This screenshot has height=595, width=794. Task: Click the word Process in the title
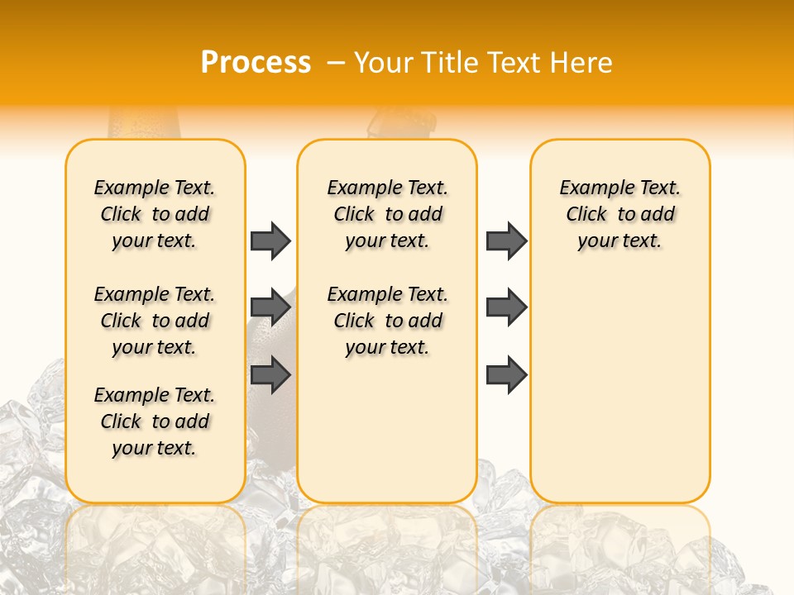point(256,63)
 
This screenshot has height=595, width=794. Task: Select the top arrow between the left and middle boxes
point(270,240)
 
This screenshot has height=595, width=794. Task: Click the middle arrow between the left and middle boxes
point(270,307)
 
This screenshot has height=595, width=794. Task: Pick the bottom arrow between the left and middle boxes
point(270,374)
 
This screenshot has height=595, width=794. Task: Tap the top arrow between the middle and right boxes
point(506,240)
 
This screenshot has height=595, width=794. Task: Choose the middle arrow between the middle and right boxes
point(506,307)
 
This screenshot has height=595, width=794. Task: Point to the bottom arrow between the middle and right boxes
point(506,374)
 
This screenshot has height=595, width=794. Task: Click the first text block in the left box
point(155,214)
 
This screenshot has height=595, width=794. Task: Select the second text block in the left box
point(155,321)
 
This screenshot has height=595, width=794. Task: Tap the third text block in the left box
point(155,421)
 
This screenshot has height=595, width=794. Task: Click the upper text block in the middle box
point(388,214)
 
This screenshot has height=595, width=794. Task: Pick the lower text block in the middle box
point(388,321)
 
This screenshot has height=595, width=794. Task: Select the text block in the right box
point(620,214)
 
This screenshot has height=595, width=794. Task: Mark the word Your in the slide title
point(380,63)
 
